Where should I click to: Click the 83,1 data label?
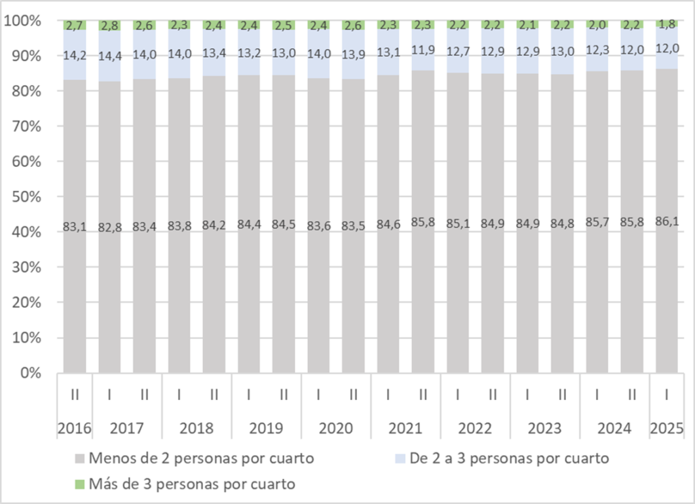[75, 227]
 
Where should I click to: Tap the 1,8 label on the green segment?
[667, 24]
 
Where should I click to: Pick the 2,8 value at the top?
[109, 26]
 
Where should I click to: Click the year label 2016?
[75, 429]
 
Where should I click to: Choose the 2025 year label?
[666, 429]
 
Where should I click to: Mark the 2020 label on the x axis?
[336, 429]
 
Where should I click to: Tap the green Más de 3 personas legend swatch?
[79, 484]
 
